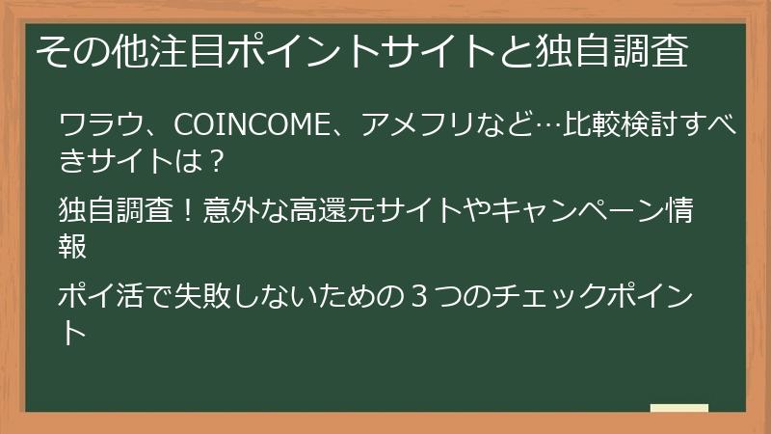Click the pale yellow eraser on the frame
[x=678, y=409]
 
